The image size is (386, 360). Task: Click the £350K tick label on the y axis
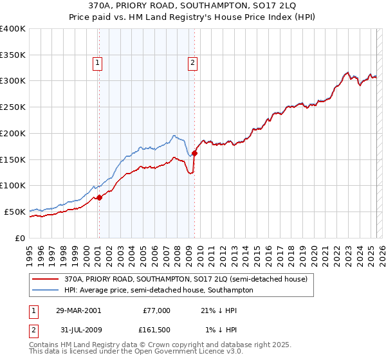(13, 55)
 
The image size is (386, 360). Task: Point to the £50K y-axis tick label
(15, 212)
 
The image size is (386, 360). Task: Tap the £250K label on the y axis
(13, 107)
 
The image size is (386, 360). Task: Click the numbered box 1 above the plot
(97, 62)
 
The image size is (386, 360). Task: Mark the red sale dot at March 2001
(99, 197)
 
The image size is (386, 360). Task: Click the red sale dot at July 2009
(194, 153)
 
